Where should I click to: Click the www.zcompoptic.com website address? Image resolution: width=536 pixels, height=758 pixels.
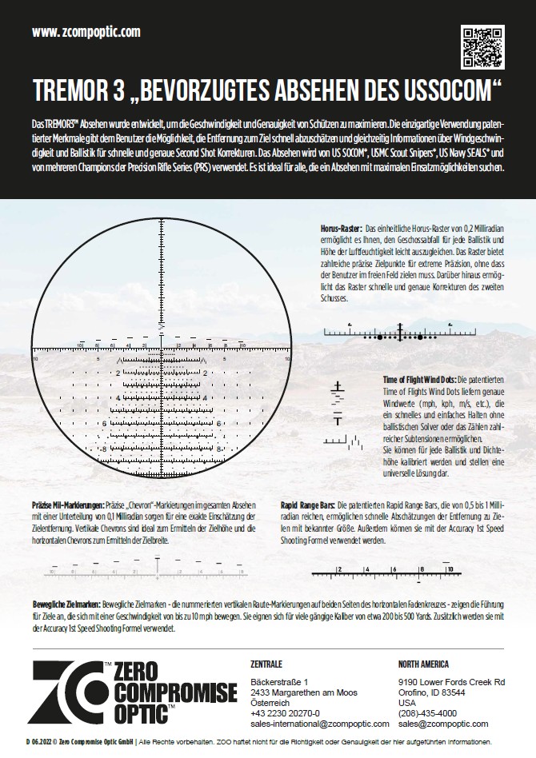click(x=86, y=32)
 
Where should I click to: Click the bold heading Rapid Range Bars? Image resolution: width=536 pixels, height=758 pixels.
click(x=308, y=506)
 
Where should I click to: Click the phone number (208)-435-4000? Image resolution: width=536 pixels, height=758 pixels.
click(x=427, y=712)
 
